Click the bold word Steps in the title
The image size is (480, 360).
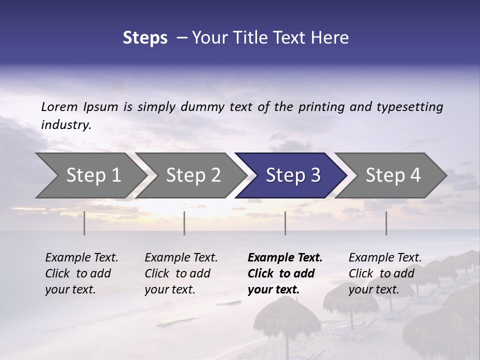(x=145, y=38)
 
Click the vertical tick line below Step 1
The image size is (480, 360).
(x=84, y=223)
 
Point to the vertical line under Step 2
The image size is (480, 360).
(x=184, y=223)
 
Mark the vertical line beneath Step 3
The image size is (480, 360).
(x=285, y=223)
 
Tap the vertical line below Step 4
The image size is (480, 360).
(x=386, y=223)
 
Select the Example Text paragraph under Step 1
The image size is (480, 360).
(x=81, y=273)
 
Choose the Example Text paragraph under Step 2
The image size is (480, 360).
(x=181, y=273)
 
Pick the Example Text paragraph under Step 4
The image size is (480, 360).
(x=385, y=273)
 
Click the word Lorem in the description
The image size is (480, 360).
(x=59, y=106)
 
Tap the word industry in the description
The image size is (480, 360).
(x=65, y=125)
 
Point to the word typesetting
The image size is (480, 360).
(x=409, y=107)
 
